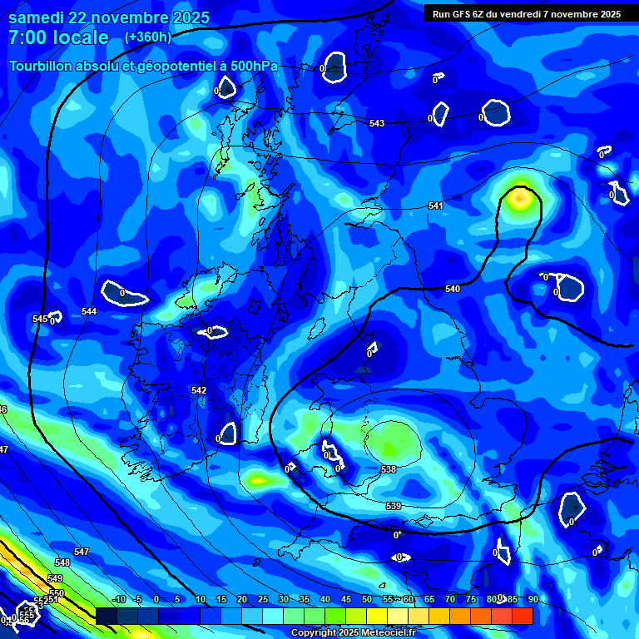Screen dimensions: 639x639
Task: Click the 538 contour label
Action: (x=389, y=470)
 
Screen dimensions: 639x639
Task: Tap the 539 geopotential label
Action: (x=394, y=506)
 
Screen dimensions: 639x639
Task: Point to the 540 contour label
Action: (x=452, y=290)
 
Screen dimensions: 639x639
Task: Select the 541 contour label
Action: (x=436, y=206)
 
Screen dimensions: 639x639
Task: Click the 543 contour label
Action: (x=377, y=123)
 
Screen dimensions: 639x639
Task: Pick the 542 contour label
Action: (x=198, y=390)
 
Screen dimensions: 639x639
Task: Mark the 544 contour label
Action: (x=89, y=312)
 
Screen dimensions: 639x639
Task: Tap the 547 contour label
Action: (x=81, y=552)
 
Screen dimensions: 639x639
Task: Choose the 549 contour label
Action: (x=55, y=578)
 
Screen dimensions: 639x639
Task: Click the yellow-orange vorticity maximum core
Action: (x=519, y=198)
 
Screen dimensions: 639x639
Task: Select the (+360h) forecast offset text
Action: (x=148, y=37)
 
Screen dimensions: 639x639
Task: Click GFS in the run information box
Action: (x=467, y=14)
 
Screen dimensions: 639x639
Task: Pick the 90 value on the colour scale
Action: (x=532, y=599)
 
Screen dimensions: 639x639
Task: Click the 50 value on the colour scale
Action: (x=366, y=599)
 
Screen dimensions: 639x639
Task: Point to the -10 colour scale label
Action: (x=117, y=599)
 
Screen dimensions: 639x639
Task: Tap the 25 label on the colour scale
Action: (x=262, y=599)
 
